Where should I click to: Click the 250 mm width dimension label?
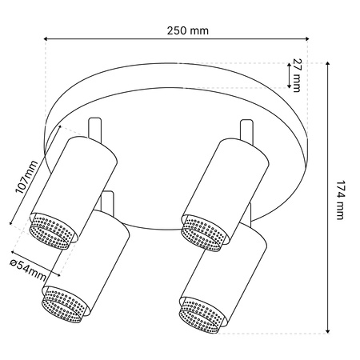[188, 30]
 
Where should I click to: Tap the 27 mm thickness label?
[296, 75]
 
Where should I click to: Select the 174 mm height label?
[340, 200]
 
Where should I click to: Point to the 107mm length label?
[27, 177]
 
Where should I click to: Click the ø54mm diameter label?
[28, 270]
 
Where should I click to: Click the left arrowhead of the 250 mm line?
[46, 39]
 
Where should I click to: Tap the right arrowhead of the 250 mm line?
[306, 39]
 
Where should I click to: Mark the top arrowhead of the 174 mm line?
[328, 63]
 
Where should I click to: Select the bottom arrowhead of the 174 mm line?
[328, 331]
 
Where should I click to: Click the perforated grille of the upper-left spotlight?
[50, 231]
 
